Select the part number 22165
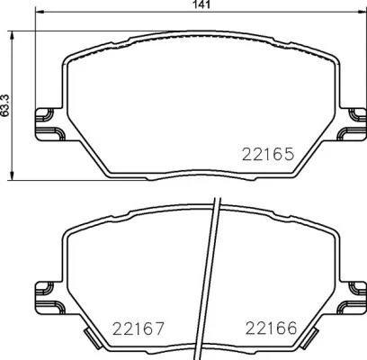(267, 153)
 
